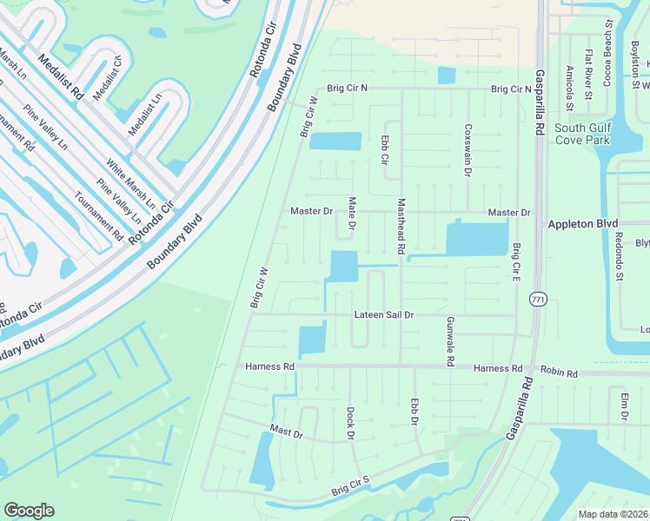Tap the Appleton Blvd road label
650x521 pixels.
point(581,223)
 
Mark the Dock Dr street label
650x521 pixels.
point(351,423)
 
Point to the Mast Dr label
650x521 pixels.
point(286,431)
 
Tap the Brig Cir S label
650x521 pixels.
point(350,486)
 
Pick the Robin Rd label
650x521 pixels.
point(559,373)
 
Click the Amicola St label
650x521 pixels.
point(569,89)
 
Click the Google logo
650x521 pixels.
point(29,511)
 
